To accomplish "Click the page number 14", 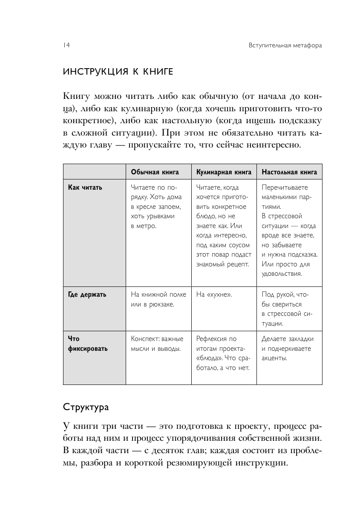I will click(66, 46).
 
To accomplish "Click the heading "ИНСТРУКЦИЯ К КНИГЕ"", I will click(118, 71).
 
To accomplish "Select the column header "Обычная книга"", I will click(155, 172).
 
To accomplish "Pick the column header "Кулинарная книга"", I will click(222, 172).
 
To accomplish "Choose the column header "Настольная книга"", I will click(289, 172).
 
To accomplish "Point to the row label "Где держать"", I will click(87, 295).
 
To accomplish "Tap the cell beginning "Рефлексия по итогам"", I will click(222, 353).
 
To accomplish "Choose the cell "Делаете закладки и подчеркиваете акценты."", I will click(288, 348).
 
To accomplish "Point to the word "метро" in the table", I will click(146, 226).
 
